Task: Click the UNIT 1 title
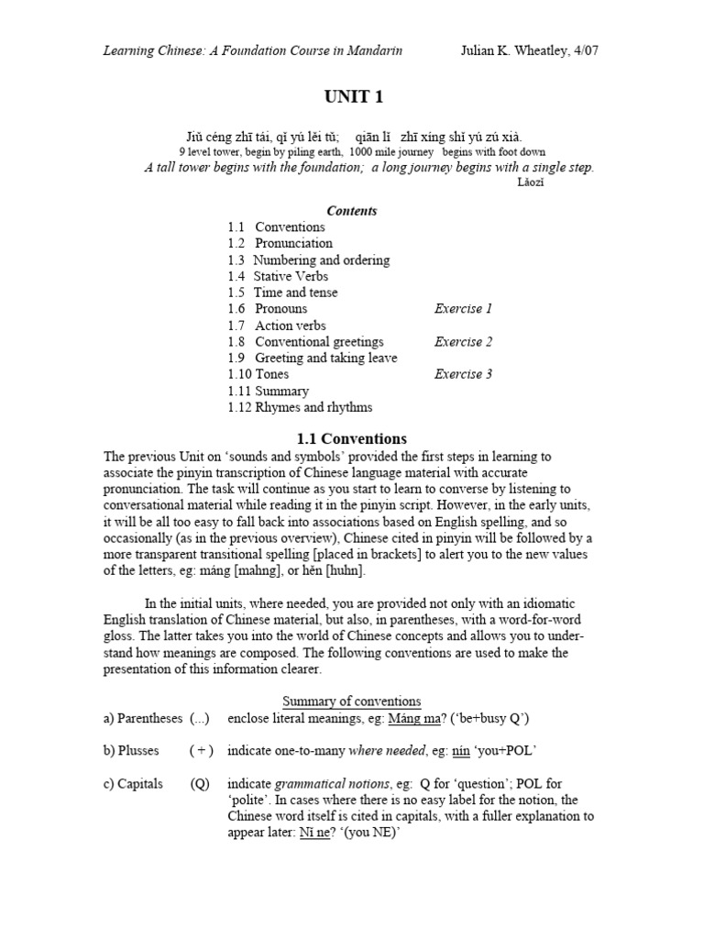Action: (x=352, y=98)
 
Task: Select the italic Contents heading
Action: (x=352, y=210)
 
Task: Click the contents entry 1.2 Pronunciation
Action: (x=280, y=243)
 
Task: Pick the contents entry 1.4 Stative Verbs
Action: (x=278, y=276)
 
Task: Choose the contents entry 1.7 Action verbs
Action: (x=277, y=326)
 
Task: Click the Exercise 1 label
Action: (x=463, y=309)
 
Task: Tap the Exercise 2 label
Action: (x=463, y=342)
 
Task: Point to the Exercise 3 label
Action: (x=463, y=374)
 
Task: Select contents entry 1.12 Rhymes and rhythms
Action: (x=300, y=407)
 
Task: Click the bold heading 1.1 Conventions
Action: (x=352, y=438)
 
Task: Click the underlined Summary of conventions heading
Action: (x=352, y=701)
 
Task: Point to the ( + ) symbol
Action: (x=202, y=751)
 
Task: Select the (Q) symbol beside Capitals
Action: (x=200, y=784)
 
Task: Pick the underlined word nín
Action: (x=461, y=751)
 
